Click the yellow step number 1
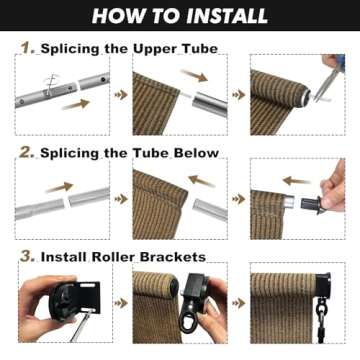click(27, 48)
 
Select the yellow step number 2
click(27, 152)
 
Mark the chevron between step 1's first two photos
click(123, 95)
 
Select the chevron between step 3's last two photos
click(238, 302)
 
